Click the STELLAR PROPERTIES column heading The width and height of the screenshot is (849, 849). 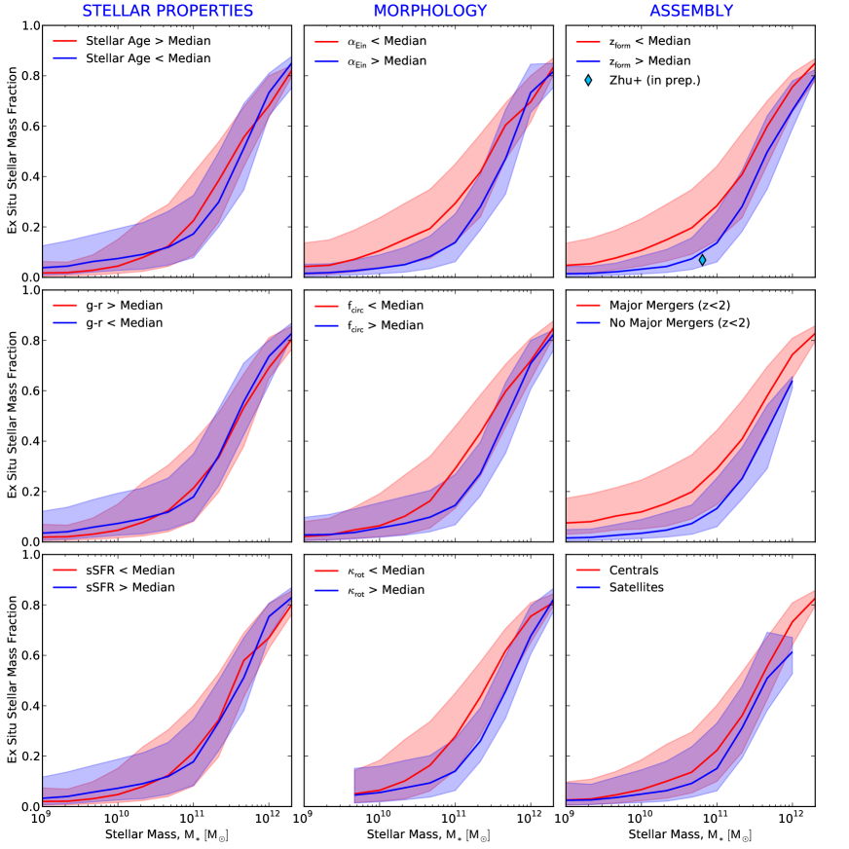click(x=167, y=11)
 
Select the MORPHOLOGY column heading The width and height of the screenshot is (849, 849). click(x=429, y=11)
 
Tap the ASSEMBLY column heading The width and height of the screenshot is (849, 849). click(x=693, y=11)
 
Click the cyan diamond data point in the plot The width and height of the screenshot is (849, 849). click(x=702, y=259)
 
